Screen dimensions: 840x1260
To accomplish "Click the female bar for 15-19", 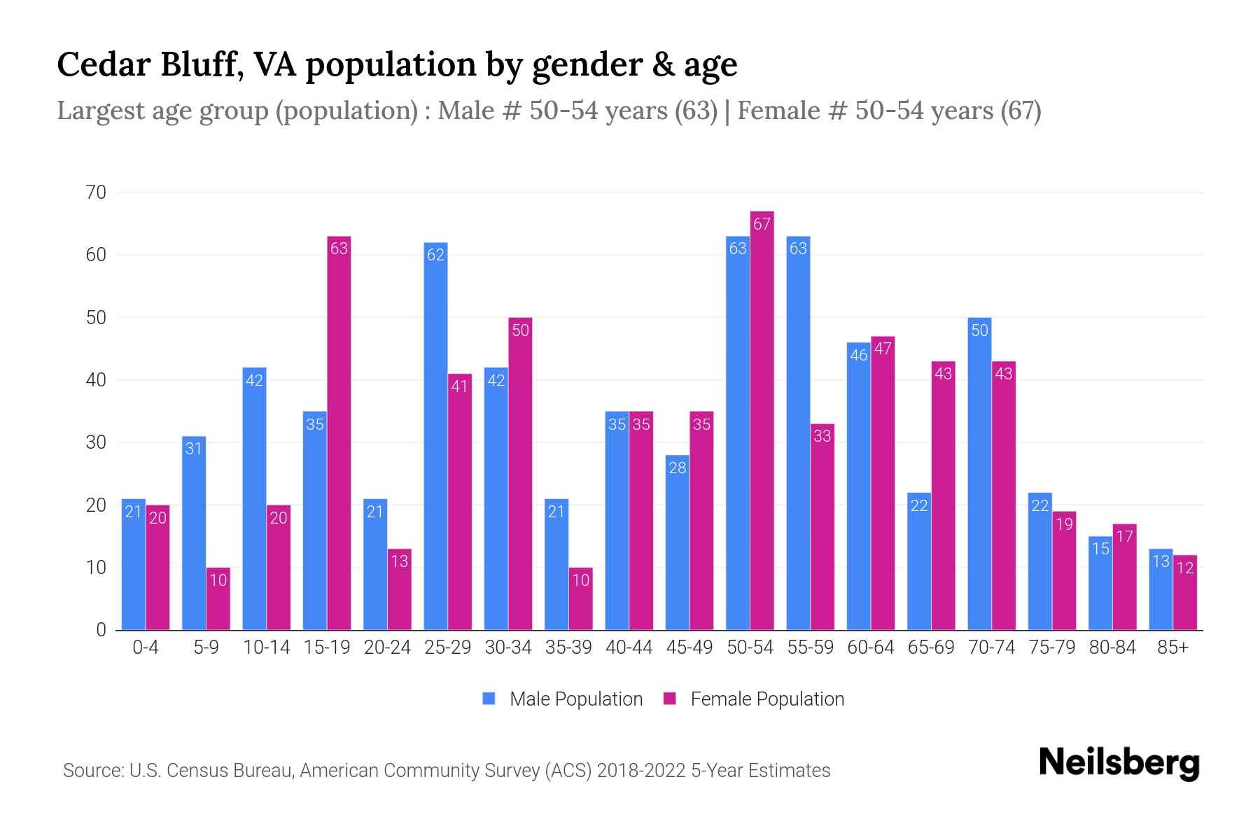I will click(339, 434).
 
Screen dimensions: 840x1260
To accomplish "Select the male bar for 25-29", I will click(435, 437).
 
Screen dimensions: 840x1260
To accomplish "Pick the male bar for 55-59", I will click(798, 434).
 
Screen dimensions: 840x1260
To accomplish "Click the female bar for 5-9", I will click(218, 599).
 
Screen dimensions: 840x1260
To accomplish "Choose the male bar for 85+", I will click(1161, 589).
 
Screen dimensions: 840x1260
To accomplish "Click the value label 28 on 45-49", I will click(677, 468).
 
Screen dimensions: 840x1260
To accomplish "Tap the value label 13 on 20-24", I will click(399, 561).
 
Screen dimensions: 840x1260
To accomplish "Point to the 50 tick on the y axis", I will click(96, 318).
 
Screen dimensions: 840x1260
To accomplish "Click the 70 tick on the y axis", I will click(96, 192).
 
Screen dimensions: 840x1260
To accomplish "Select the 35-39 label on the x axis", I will click(568, 647).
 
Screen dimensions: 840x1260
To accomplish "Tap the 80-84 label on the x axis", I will click(1112, 647).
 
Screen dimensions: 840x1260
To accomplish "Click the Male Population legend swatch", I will click(489, 699).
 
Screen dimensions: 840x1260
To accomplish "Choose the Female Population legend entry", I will click(766, 699).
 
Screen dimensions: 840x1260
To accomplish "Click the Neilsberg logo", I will click(1119, 763).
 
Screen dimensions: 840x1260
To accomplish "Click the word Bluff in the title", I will click(202, 64).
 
